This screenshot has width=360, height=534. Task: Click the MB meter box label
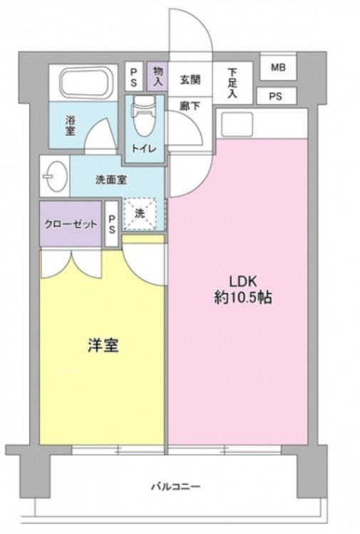(278, 68)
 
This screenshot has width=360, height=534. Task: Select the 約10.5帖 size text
(242, 298)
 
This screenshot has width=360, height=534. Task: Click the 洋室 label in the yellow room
(103, 346)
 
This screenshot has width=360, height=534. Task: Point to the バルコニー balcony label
(175, 487)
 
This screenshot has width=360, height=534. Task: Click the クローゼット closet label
(71, 224)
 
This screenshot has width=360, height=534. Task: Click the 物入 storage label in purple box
(158, 76)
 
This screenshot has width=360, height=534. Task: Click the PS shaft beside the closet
(113, 224)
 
